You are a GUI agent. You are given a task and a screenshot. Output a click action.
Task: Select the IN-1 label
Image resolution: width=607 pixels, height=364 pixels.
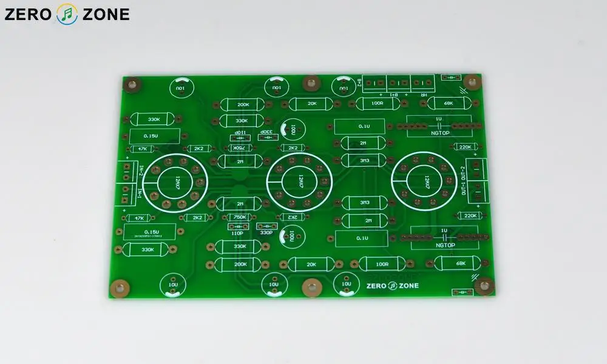(141, 194)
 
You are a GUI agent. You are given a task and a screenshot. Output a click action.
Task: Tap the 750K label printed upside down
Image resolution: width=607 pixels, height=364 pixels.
(239, 147)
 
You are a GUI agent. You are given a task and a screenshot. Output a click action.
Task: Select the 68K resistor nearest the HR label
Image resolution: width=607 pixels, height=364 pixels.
(449, 103)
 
